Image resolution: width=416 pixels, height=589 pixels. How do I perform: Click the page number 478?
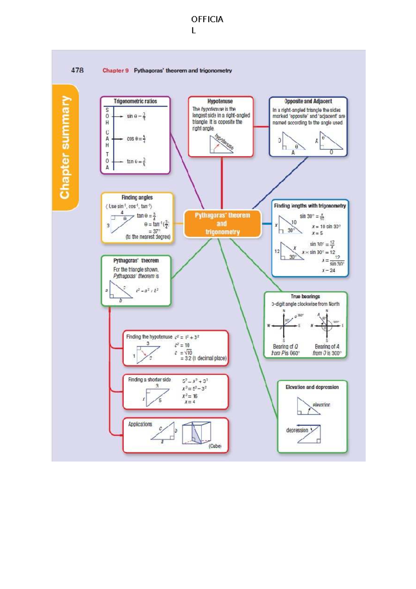tap(77, 70)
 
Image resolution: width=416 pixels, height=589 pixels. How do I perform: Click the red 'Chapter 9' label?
tap(115, 70)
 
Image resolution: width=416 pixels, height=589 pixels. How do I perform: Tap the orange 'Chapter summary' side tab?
tap(65, 147)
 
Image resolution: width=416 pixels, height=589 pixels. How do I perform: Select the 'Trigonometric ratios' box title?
tap(135, 101)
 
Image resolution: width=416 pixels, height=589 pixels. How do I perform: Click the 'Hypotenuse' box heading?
tap(220, 101)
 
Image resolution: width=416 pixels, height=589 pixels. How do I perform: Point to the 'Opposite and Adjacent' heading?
tap(308, 101)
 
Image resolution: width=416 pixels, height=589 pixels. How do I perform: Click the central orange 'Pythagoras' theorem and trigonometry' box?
tap(222, 224)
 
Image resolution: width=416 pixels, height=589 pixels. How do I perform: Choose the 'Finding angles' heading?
tap(137, 197)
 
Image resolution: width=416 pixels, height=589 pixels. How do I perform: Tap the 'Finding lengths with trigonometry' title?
tap(310, 206)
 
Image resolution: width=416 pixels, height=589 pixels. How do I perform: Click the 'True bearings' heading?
tap(305, 296)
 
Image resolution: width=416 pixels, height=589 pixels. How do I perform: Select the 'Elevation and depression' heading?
tap(312, 387)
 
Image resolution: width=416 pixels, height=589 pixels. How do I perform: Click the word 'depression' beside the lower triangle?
tap(297, 430)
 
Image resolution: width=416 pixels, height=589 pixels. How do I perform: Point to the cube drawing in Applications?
tap(197, 433)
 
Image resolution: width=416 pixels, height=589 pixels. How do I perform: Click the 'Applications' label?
tap(140, 424)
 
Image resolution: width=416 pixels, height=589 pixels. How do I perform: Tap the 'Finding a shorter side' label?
tap(149, 380)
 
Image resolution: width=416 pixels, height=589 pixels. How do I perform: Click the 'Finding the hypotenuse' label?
tap(149, 337)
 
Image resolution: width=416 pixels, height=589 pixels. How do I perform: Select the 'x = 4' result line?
tap(190, 402)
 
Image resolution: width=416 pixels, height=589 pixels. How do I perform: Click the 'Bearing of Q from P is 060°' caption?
tap(285, 350)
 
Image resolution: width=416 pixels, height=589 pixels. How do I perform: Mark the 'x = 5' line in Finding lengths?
tap(317, 233)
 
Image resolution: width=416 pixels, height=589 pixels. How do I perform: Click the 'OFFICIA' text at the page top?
tap(207, 19)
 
